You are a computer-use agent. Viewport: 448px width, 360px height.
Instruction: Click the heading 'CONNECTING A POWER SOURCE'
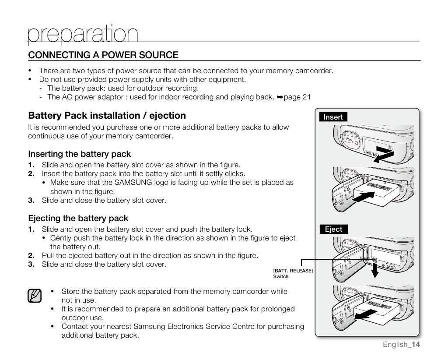tap(103, 55)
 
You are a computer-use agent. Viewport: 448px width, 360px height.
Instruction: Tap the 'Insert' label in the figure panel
tap(333, 117)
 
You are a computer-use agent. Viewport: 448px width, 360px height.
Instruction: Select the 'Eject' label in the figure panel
tap(333, 229)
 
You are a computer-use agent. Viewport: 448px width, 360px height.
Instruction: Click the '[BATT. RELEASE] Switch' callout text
tap(293, 274)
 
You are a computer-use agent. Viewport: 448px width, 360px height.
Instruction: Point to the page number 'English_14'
tap(401, 344)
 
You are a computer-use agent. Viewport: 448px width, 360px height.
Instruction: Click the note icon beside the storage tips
tap(34, 296)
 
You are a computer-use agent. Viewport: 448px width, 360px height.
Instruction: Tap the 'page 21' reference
tap(297, 97)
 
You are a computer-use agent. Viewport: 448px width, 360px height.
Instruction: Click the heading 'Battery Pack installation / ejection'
tap(107, 116)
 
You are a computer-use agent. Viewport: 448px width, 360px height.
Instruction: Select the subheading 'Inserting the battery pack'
tap(79, 154)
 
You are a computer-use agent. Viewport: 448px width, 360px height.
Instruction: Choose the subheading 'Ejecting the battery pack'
tap(78, 218)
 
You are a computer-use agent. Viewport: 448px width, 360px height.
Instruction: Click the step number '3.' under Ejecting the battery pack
tap(31, 264)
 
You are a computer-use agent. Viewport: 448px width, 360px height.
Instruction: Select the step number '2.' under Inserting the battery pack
tap(31, 173)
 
